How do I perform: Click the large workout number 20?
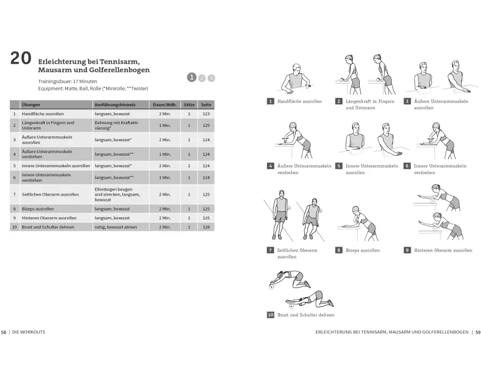20,59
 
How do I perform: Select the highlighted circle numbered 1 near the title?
192,77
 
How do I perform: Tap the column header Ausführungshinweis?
115,104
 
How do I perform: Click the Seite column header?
206,104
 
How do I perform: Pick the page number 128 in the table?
206,227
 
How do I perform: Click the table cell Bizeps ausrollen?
41,209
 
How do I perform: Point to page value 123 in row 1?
206,114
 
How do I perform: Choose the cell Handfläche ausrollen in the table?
43,114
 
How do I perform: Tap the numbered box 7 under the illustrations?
271,250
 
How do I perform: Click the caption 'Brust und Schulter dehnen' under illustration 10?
306,315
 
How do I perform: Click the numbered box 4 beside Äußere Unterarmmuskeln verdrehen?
271,166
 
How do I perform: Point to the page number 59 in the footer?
478,332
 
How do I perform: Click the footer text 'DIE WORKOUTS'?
29,332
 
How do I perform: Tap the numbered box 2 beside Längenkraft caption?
339,101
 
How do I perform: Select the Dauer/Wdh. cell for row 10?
164,227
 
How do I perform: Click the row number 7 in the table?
14,194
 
